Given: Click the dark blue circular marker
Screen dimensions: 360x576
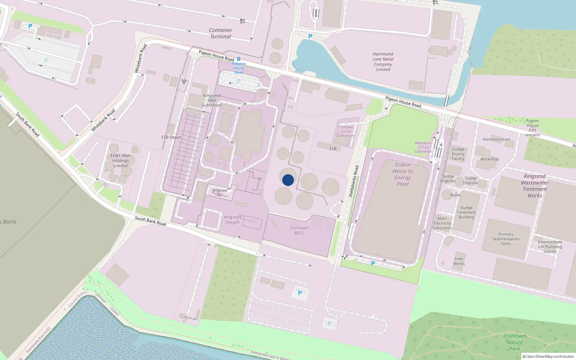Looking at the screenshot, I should tap(288, 180).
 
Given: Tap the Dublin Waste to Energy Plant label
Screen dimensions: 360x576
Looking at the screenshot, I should tap(402, 174).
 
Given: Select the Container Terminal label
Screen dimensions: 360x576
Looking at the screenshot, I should tap(221, 33).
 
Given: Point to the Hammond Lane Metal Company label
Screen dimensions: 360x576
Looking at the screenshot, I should tap(383, 62).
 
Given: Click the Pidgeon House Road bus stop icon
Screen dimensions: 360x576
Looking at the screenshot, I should tap(238, 59).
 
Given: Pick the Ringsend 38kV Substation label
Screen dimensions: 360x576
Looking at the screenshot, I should tap(212, 100).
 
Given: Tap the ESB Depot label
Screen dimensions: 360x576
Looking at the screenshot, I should tap(171, 137).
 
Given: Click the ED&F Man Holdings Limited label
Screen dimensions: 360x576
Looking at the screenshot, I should tap(120, 161).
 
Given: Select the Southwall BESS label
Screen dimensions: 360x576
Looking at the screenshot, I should tap(299, 230).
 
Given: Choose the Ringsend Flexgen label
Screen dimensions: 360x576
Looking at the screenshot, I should tap(232, 220).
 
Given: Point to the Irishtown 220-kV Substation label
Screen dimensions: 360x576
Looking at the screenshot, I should tap(345, 131).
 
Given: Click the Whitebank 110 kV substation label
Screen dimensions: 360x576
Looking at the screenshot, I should tap(423, 147).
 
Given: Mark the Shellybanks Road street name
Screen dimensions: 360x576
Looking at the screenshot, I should tap(354, 181).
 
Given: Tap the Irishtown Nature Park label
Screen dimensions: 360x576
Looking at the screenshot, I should tap(514, 342).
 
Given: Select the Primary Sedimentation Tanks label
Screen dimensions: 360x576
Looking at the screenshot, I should tap(506, 239).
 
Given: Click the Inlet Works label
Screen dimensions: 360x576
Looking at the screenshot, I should tap(459, 261).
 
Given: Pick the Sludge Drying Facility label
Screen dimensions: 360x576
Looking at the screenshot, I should tap(458, 154).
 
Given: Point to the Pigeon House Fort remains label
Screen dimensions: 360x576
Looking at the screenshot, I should tap(532, 128).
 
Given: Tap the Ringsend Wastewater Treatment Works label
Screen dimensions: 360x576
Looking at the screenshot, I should tap(535, 186).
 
